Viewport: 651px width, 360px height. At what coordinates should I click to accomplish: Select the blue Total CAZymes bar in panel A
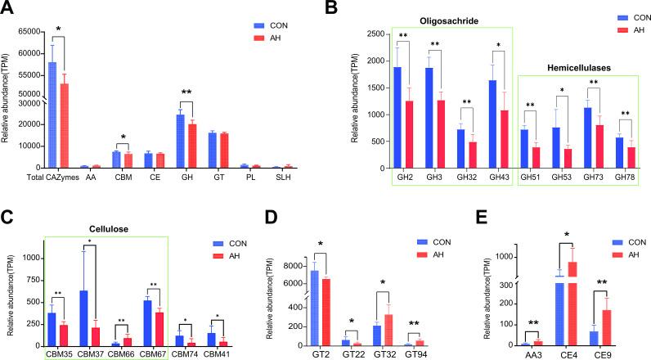pos(52,115)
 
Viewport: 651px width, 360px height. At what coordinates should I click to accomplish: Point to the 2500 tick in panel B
pos(373,34)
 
